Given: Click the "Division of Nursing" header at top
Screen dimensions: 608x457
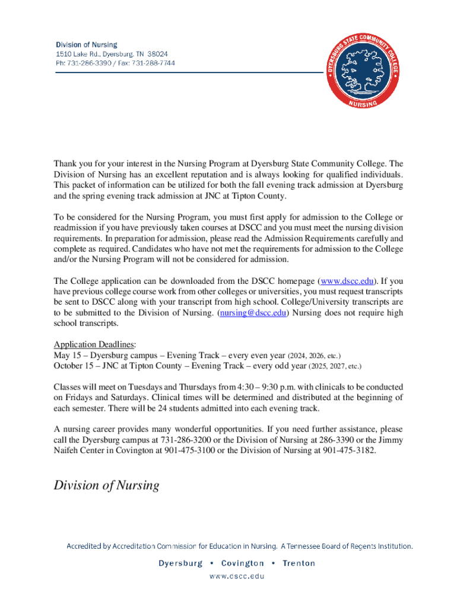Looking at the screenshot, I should (x=87, y=45).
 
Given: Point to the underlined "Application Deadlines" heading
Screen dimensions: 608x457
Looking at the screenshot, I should (x=94, y=344).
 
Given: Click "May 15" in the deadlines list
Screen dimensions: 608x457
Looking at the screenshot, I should (x=66, y=355).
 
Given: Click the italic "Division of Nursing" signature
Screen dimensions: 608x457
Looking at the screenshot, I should (x=107, y=486).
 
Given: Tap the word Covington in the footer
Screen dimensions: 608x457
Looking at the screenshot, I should (x=242, y=563).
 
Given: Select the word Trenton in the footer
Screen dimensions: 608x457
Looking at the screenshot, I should (x=299, y=563).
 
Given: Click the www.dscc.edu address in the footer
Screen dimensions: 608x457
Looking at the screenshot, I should (x=228, y=576).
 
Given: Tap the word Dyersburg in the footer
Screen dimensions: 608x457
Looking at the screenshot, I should (x=180, y=563).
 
